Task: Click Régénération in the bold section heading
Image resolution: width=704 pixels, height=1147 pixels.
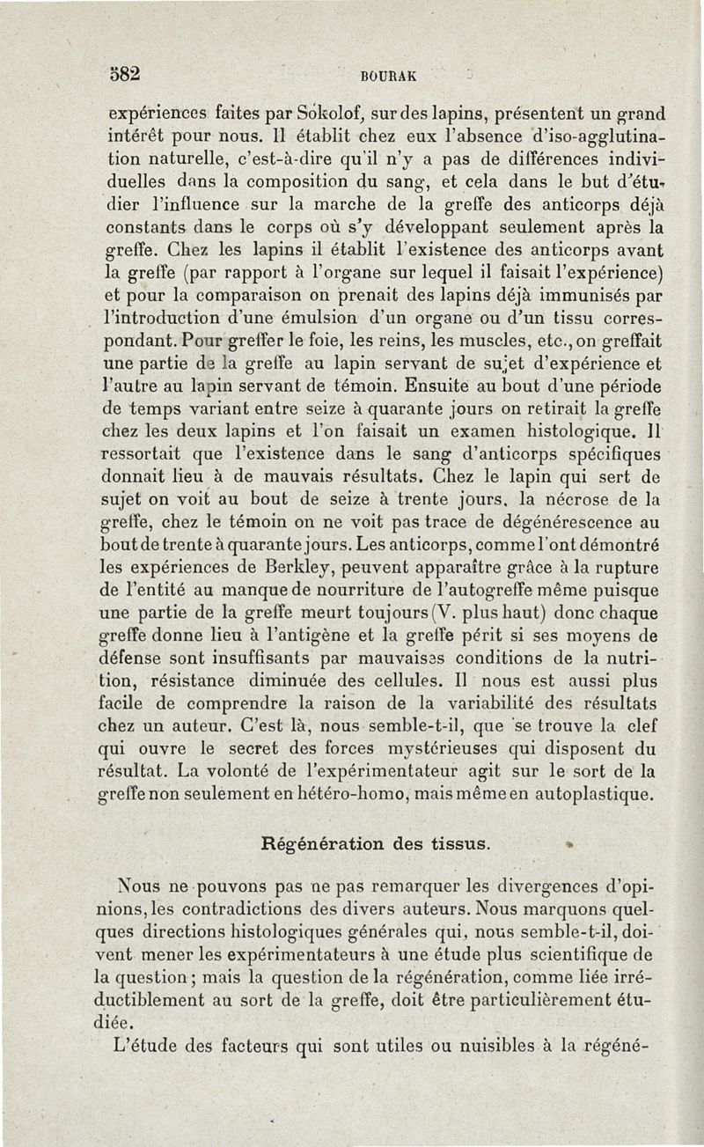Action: pos(317,842)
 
